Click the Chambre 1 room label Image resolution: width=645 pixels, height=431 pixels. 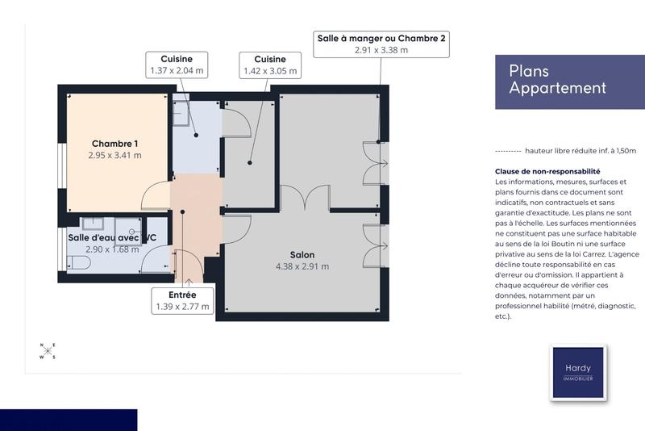point(114,144)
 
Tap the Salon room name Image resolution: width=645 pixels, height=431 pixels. point(302,253)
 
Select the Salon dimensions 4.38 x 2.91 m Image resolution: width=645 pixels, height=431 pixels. point(302,266)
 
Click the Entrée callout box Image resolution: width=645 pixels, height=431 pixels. point(184,300)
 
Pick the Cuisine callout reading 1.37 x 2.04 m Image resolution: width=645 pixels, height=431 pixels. point(177,65)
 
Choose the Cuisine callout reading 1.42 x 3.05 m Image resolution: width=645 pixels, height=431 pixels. point(270,65)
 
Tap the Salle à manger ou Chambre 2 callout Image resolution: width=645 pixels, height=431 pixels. point(381,44)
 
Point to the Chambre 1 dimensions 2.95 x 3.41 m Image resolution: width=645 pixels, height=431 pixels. point(114,156)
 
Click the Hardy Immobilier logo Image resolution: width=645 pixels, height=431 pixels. point(578,372)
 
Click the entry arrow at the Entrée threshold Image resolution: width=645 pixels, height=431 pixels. point(189,282)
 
